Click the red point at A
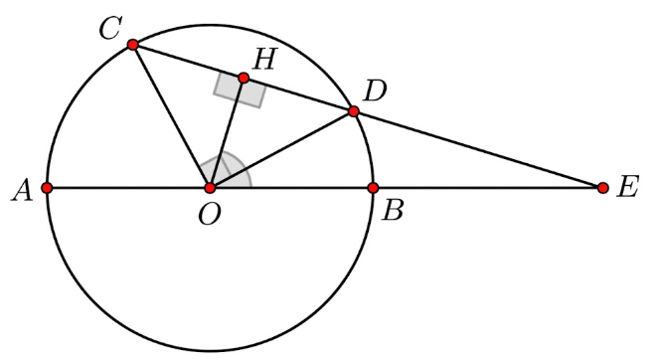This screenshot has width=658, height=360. (47, 187)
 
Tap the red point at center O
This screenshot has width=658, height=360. (210, 187)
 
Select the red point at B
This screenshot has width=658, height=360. (373, 187)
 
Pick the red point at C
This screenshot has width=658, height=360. (133, 44)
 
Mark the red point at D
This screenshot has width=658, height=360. (353, 111)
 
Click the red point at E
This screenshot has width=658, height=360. (602, 187)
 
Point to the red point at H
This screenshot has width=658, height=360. (243, 78)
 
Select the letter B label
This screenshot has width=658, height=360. (392, 211)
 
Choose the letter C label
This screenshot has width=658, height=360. (109, 29)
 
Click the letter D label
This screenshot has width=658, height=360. (375, 92)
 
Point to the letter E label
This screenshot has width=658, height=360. (627, 188)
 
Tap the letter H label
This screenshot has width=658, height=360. (263, 59)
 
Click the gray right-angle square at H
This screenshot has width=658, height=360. (240, 91)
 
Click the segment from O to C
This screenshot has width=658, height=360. (171, 115)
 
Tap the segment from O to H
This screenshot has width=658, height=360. (227, 132)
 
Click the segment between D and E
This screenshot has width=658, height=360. (477, 149)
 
